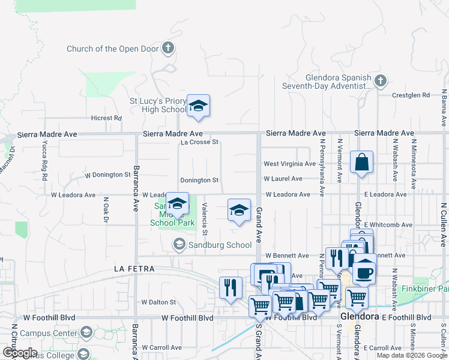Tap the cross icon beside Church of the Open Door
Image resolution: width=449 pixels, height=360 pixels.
point(169,48)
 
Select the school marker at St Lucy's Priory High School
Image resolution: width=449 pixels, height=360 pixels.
point(197,107)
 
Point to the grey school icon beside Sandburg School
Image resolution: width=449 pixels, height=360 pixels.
point(178,244)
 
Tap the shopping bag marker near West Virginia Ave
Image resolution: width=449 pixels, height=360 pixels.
point(361,162)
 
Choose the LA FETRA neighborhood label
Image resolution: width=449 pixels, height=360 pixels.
point(134,269)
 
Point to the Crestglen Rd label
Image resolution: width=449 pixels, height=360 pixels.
point(411,95)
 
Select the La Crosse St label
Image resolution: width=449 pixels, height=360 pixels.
point(199,142)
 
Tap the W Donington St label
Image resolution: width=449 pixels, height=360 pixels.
point(107,175)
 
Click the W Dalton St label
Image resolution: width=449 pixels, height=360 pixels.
point(158,302)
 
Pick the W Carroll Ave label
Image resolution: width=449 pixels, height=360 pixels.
point(161,347)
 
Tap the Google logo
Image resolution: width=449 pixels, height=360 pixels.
point(19,353)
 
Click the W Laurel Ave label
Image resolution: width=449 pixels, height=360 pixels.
point(283,179)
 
